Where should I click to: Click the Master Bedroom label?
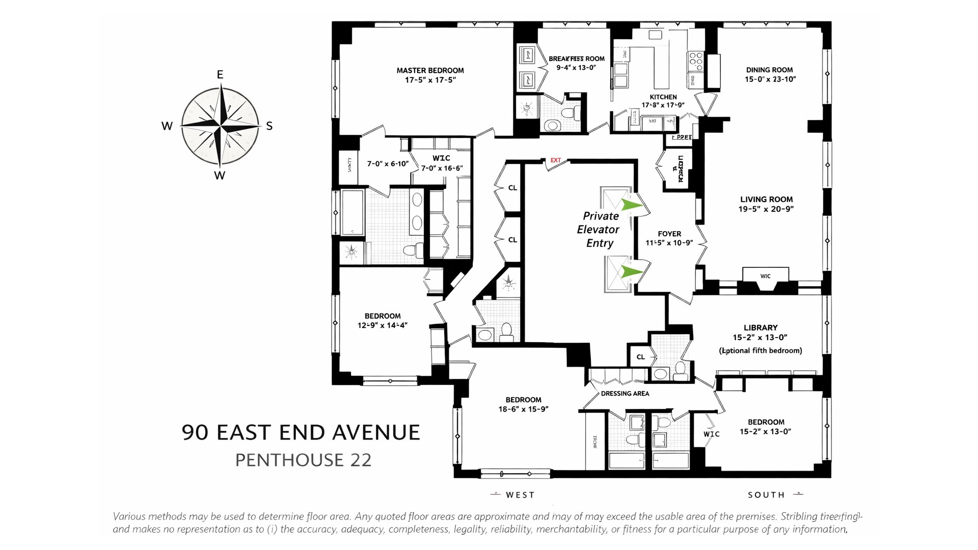(430, 71)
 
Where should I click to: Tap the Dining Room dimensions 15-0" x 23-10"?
(770, 79)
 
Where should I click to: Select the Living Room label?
(766, 200)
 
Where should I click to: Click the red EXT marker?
(555, 160)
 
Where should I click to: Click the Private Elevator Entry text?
(599, 230)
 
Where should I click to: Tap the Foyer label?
(669, 234)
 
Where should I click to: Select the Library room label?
(760, 328)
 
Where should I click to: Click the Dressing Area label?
(624, 394)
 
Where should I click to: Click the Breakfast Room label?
(576, 59)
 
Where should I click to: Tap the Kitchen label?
(663, 97)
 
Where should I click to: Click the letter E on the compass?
(220, 75)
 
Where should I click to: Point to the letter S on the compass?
(269, 126)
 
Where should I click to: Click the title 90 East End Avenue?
(301, 432)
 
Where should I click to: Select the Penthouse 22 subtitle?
(303, 460)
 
